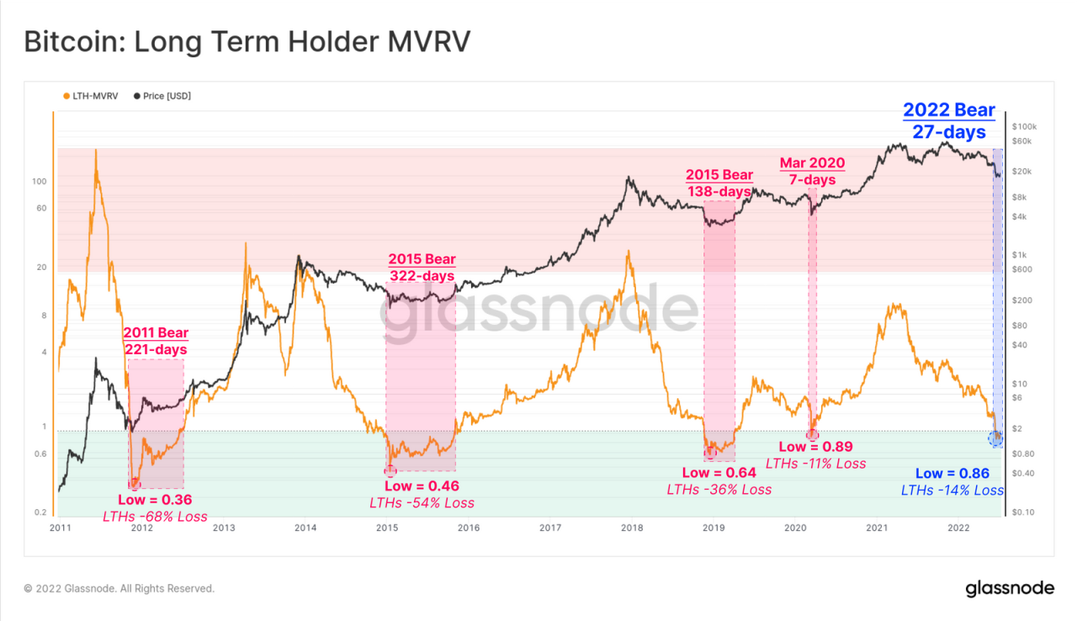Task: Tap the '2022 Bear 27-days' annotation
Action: click(949, 120)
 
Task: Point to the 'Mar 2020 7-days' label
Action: click(812, 171)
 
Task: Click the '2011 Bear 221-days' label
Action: click(156, 341)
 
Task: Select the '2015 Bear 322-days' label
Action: click(421, 267)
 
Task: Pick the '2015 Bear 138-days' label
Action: click(719, 183)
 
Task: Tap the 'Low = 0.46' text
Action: click(422, 486)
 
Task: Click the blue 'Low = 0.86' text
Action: click(952, 474)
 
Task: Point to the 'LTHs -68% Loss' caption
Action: click(155, 516)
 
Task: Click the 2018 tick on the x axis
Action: click(632, 528)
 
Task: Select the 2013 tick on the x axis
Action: click(224, 528)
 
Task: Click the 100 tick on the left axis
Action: click(39, 182)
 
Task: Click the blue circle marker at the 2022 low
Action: click(996, 438)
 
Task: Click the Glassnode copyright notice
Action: click(119, 588)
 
